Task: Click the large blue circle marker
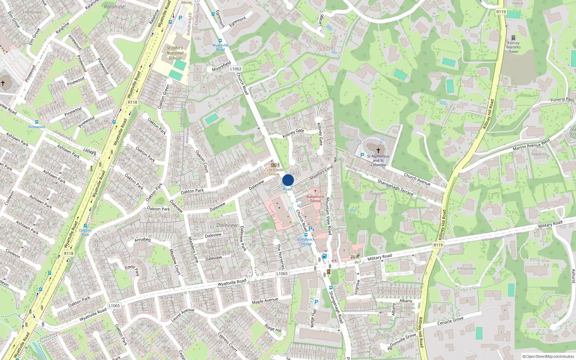click(x=288, y=180)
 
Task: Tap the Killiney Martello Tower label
click(x=513, y=47)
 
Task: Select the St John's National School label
click(x=175, y=53)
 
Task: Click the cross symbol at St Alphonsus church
click(x=378, y=150)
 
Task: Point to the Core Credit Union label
click(x=274, y=172)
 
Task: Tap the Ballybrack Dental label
click(x=315, y=199)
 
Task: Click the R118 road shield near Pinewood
click(x=132, y=102)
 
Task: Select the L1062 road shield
click(x=236, y=69)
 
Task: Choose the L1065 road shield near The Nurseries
click(x=282, y=274)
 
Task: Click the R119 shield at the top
click(x=501, y=12)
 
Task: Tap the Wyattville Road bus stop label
click(x=220, y=48)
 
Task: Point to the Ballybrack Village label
click(x=306, y=242)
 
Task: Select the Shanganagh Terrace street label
click(x=395, y=187)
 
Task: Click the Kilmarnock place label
click(x=467, y=269)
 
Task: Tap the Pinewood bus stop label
click(x=37, y=127)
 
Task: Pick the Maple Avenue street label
click(x=265, y=301)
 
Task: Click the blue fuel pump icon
click(x=324, y=256)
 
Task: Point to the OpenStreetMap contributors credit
click(x=548, y=356)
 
